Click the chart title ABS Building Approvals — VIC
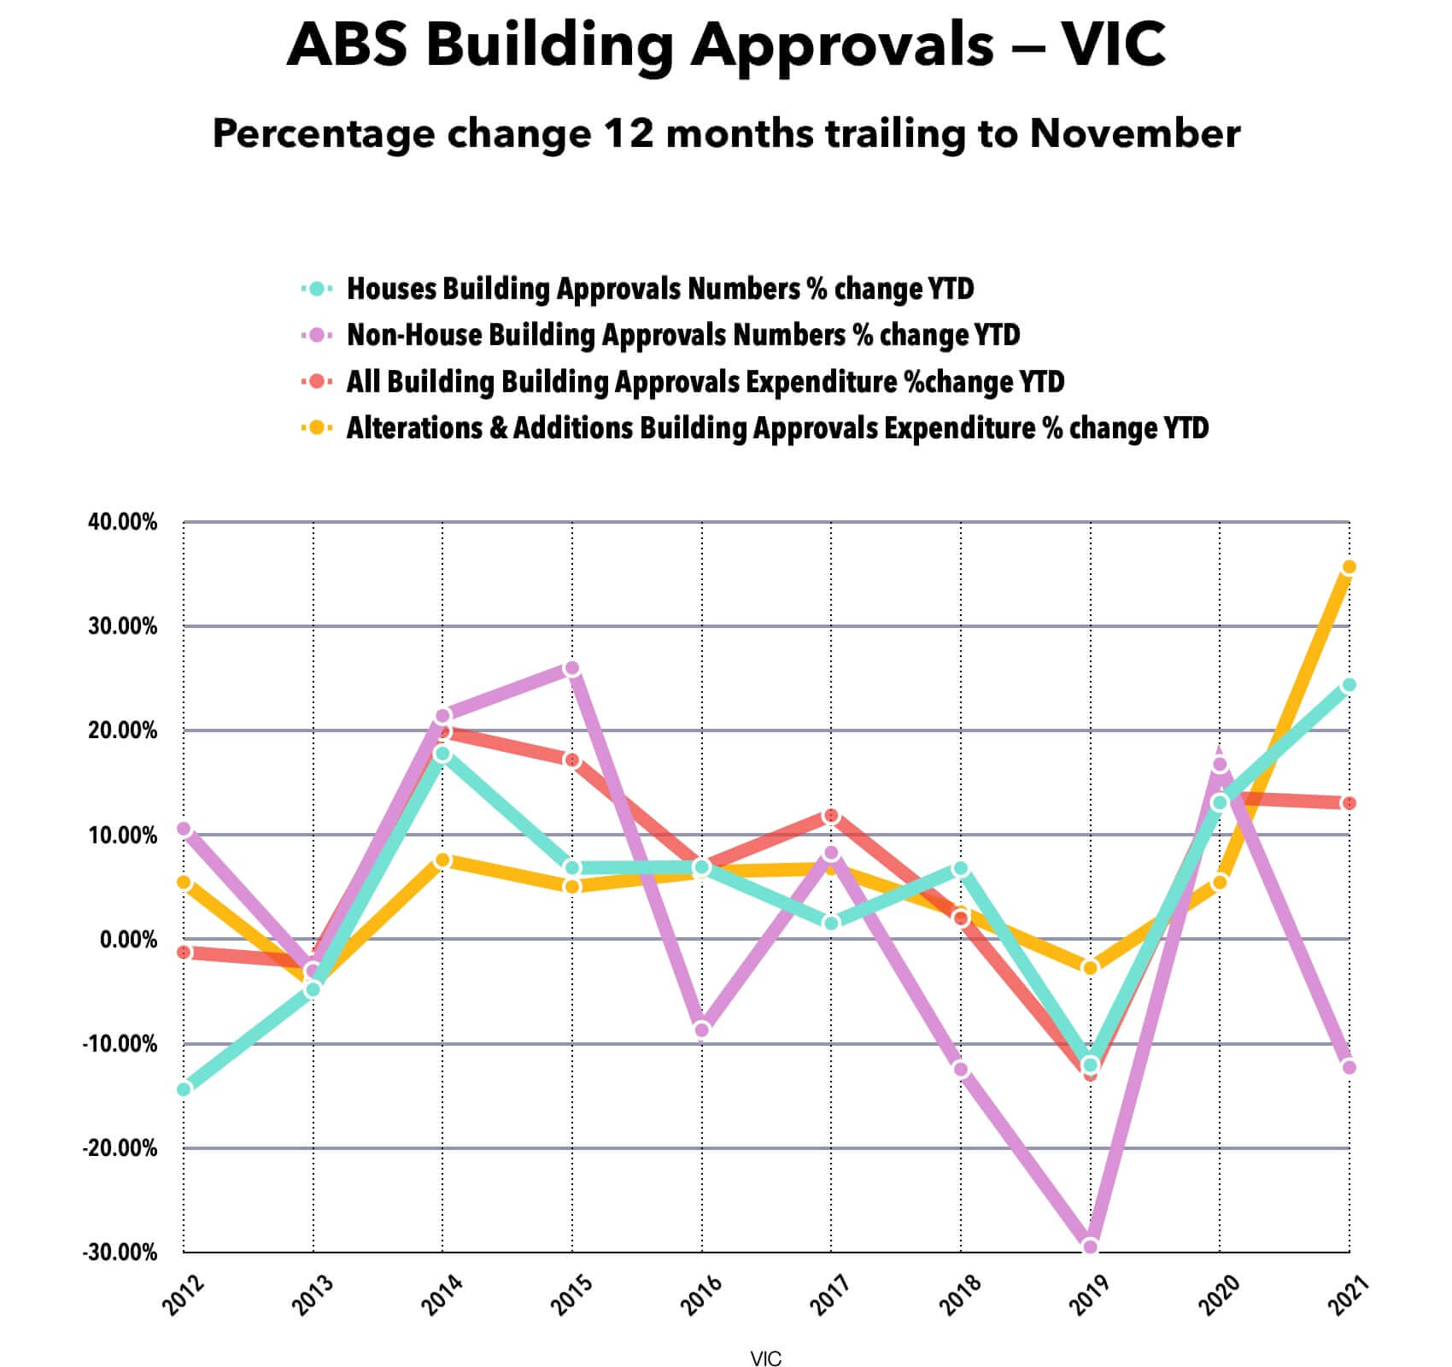pyautogui.click(x=726, y=44)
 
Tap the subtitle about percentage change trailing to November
pyautogui.click(x=726, y=134)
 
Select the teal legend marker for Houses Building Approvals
pyautogui.click(x=317, y=289)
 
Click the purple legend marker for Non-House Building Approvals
pyautogui.click(x=317, y=335)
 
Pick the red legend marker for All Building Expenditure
pyautogui.click(x=317, y=381)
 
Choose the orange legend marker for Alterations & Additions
pyautogui.click(x=317, y=427)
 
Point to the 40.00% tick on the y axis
pyautogui.click(x=123, y=522)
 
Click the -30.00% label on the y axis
pyautogui.click(x=120, y=1253)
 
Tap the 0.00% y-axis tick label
pyautogui.click(x=129, y=940)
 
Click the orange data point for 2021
pyautogui.click(x=1350, y=567)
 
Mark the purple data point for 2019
pyautogui.click(x=1090, y=1247)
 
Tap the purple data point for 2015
pyautogui.click(x=572, y=668)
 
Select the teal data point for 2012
pyautogui.click(x=184, y=1089)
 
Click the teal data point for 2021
pyautogui.click(x=1350, y=684)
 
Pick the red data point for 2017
pyautogui.click(x=831, y=817)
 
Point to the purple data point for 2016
pyautogui.click(x=702, y=1030)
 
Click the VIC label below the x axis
pyautogui.click(x=766, y=1359)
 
